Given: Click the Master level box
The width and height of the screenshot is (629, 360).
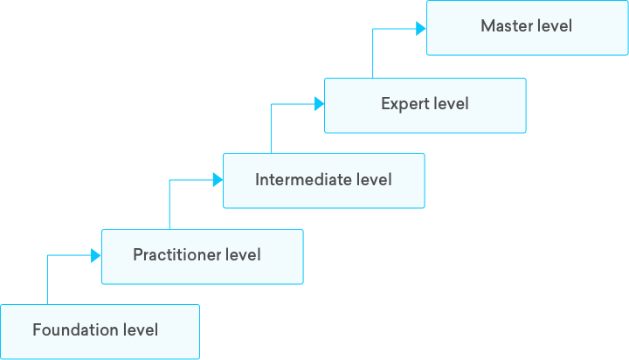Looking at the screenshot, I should pos(527,27).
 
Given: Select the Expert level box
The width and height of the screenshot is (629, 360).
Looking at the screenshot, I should pos(425,105).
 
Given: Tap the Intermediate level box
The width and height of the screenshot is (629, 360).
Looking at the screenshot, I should pos(323,181).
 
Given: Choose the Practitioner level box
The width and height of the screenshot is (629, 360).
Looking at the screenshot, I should pos(202,256).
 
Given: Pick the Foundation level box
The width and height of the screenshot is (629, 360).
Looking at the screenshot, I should pos(100,331).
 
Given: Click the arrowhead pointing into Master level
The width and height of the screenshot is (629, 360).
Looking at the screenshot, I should pos(422,29).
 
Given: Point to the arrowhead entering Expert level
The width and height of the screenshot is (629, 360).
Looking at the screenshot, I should pos(320,104).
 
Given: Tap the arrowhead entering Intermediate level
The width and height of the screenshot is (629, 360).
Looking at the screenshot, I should pos(218,180).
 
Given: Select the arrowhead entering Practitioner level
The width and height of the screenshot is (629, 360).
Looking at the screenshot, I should pos(97,255).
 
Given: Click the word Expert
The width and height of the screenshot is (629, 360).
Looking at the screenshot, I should pos(403,104).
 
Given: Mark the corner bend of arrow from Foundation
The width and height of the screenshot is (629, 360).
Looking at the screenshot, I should pos(46,255).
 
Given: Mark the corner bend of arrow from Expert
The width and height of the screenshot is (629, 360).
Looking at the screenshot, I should pos(374,29).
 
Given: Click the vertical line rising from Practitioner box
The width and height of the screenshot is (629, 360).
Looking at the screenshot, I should pos(169,206).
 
